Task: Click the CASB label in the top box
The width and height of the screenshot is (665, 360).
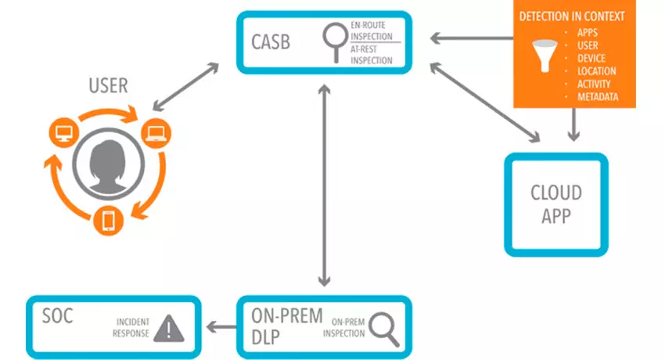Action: [x=270, y=41]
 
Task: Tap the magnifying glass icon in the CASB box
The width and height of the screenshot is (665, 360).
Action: [x=335, y=40]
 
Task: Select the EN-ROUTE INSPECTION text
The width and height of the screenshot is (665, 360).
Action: [x=374, y=31]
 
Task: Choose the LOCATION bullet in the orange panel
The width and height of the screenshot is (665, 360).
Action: [x=596, y=71]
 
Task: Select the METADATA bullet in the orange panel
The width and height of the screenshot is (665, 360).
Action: [x=598, y=97]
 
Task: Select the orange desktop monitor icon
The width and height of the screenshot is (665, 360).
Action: [x=63, y=134]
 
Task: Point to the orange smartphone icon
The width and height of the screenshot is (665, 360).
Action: [x=108, y=221]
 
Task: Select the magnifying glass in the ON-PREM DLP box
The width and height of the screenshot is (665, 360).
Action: [x=383, y=327]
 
